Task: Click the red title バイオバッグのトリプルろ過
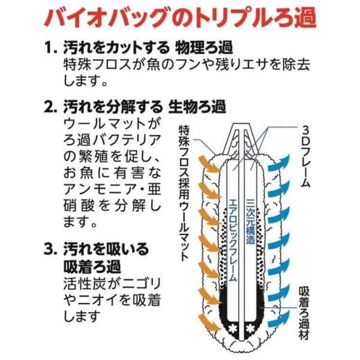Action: pyautogui.click(x=180, y=18)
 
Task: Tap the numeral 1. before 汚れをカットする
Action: pyautogui.click(x=50, y=48)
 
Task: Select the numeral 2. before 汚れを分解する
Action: pyautogui.click(x=50, y=107)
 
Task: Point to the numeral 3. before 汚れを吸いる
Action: pyautogui.click(x=50, y=250)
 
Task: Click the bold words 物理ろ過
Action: pyautogui.click(x=204, y=48)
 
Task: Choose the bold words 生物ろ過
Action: pyautogui.click(x=197, y=107)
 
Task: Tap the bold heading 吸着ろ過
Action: pyautogui.click(x=92, y=266)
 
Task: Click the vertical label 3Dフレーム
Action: pyautogui.click(x=305, y=156)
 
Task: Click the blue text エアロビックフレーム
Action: pyautogui.click(x=232, y=239)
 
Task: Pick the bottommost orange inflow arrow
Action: pyautogui.click(x=208, y=322)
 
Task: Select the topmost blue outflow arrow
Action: pyautogui.click(x=280, y=163)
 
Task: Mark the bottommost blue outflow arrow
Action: pyautogui.click(x=279, y=320)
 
